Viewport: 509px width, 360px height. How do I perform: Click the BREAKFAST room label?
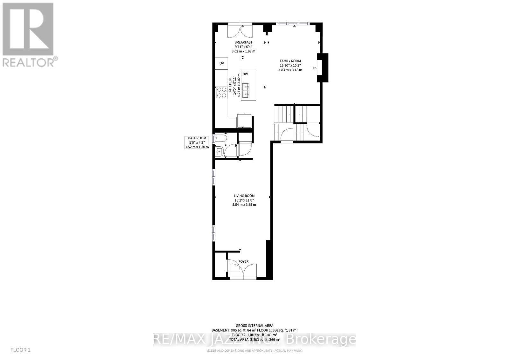pyautogui.click(x=243, y=42)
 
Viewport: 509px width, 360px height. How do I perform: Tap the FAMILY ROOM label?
pyautogui.click(x=290, y=61)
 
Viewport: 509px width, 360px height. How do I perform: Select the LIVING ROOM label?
pyautogui.click(x=244, y=196)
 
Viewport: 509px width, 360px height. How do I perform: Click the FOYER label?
pyautogui.click(x=243, y=261)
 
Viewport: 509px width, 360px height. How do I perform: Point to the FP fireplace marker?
pyautogui.click(x=315, y=69)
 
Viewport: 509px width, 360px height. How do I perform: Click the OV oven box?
pyautogui.click(x=221, y=63)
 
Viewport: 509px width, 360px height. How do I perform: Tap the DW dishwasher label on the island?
pyautogui.click(x=245, y=74)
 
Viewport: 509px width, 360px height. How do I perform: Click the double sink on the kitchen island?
pyautogui.click(x=246, y=90)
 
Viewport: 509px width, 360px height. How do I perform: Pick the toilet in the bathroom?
pyautogui.click(x=220, y=139)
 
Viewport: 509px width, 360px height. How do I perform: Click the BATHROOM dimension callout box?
pyautogui.click(x=197, y=142)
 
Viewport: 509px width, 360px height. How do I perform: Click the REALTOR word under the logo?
pyautogui.click(x=28, y=62)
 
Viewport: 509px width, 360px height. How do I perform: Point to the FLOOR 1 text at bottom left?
pyautogui.click(x=20, y=350)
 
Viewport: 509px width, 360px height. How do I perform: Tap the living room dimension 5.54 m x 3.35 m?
pyautogui.click(x=244, y=204)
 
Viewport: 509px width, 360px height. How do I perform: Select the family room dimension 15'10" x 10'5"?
pyautogui.click(x=290, y=66)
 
